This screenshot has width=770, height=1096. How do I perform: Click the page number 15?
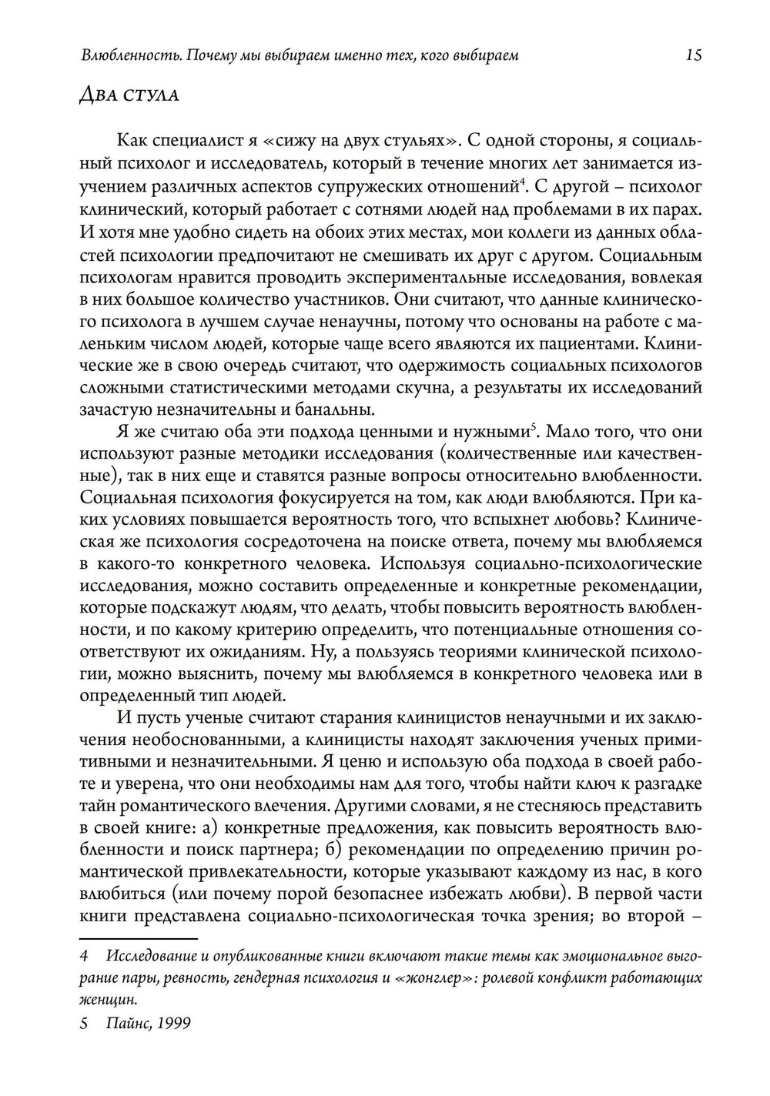point(693,55)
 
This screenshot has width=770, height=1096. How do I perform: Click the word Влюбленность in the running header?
point(119,55)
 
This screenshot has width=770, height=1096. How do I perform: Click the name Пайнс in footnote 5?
point(131,1024)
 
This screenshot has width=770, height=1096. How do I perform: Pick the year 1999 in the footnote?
point(173,1024)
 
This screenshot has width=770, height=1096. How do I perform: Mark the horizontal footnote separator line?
point(139,939)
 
